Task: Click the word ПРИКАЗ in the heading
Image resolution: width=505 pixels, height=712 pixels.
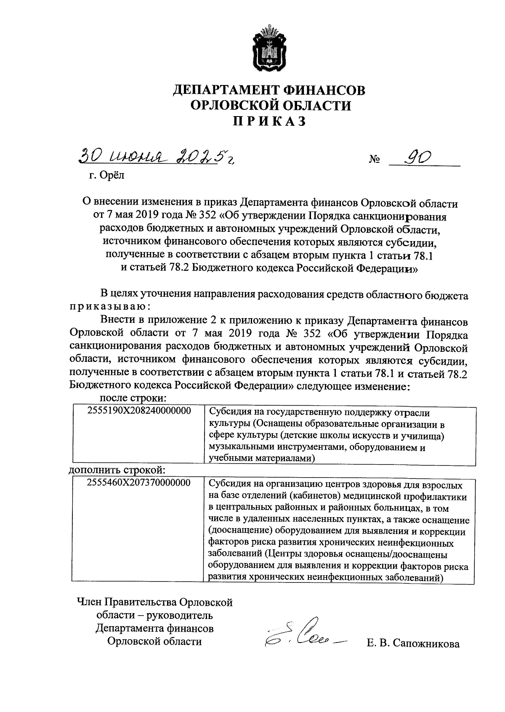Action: (269, 121)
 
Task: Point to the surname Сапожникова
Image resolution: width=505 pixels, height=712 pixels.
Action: (425, 644)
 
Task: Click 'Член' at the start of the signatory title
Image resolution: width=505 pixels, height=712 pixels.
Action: (89, 603)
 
